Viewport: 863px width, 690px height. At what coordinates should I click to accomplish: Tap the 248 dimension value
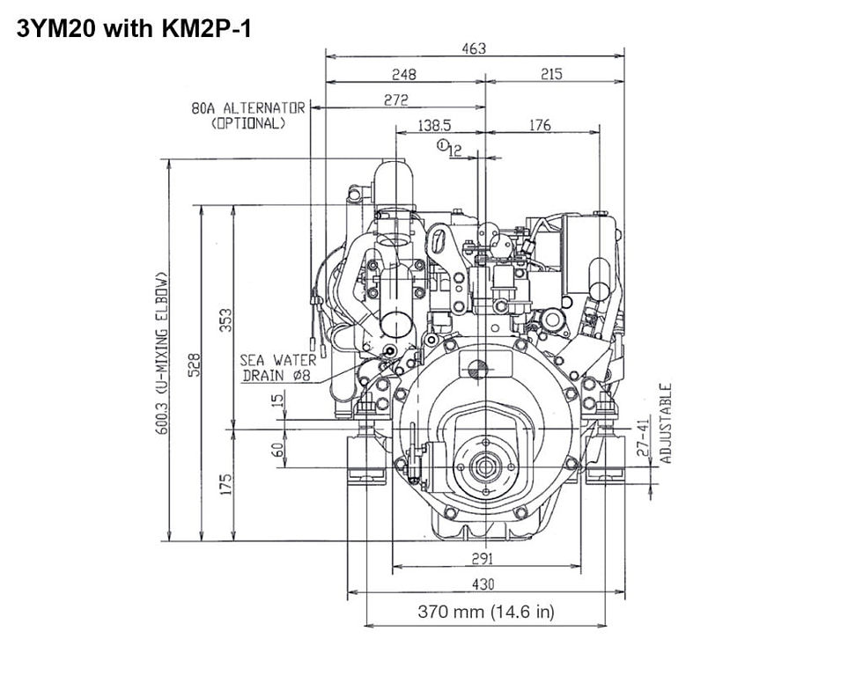(404, 75)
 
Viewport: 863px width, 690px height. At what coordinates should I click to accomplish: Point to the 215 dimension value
(552, 75)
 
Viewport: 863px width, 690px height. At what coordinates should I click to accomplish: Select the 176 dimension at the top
(540, 126)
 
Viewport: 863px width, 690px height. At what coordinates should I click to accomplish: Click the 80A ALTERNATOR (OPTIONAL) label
(248, 115)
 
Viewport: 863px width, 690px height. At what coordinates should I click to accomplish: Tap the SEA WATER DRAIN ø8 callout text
(277, 368)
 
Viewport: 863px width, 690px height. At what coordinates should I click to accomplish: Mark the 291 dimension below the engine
(482, 558)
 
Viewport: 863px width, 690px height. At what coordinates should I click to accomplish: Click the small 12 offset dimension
(455, 151)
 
